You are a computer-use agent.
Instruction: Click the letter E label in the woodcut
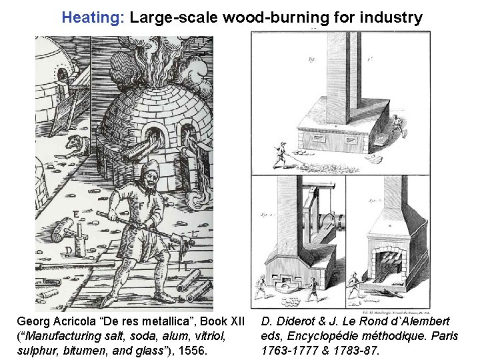78,213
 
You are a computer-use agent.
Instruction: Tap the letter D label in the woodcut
68,250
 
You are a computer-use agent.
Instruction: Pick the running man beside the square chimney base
397,124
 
